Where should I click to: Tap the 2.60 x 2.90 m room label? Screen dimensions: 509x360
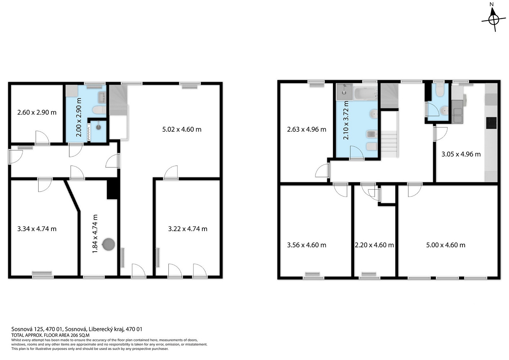click(x=37, y=112)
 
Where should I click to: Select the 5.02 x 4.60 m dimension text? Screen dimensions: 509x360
click(x=182, y=130)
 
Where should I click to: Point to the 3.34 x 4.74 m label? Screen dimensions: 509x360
click(x=37, y=229)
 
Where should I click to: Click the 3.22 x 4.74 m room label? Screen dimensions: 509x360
click(x=188, y=229)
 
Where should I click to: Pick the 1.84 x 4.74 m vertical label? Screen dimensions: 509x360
click(x=95, y=234)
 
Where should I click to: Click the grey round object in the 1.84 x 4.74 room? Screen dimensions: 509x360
click(x=108, y=244)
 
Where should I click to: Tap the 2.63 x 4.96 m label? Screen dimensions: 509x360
click(x=307, y=130)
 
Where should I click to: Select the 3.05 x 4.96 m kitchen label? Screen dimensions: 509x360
click(x=461, y=154)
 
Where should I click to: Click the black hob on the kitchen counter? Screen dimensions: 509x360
click(x=491, y=123)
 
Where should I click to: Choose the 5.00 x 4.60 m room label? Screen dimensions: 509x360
click(x=446, y=245)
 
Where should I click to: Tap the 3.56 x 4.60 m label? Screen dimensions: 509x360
click(x=307, y=245)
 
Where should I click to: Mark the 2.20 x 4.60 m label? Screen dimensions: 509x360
click(x=374, y=245)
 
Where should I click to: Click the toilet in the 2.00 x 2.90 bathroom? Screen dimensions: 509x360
click(x=99, y=110)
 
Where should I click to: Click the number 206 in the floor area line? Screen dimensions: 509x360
click(x=74, y=335)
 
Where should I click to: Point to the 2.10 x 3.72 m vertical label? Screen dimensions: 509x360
click(x=346, y=120)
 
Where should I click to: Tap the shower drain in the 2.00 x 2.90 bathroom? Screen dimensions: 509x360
click(x=98, y=127)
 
